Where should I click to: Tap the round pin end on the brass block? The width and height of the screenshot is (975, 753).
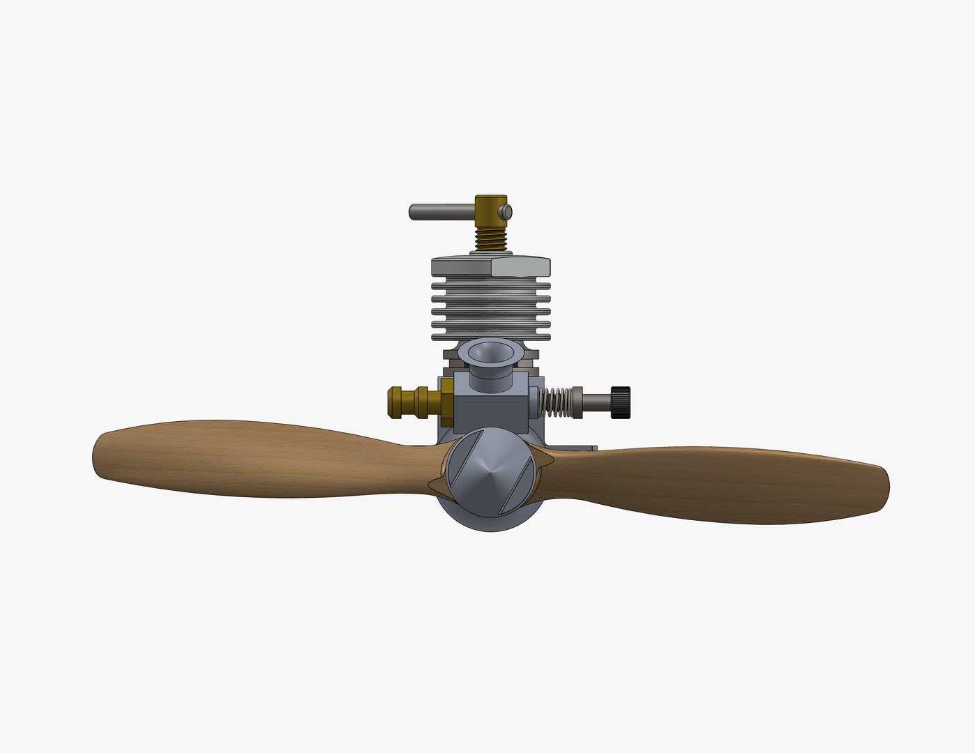508,211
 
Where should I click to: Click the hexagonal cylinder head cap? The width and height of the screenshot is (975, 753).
490,266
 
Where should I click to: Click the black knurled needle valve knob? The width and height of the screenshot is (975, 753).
620,402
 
